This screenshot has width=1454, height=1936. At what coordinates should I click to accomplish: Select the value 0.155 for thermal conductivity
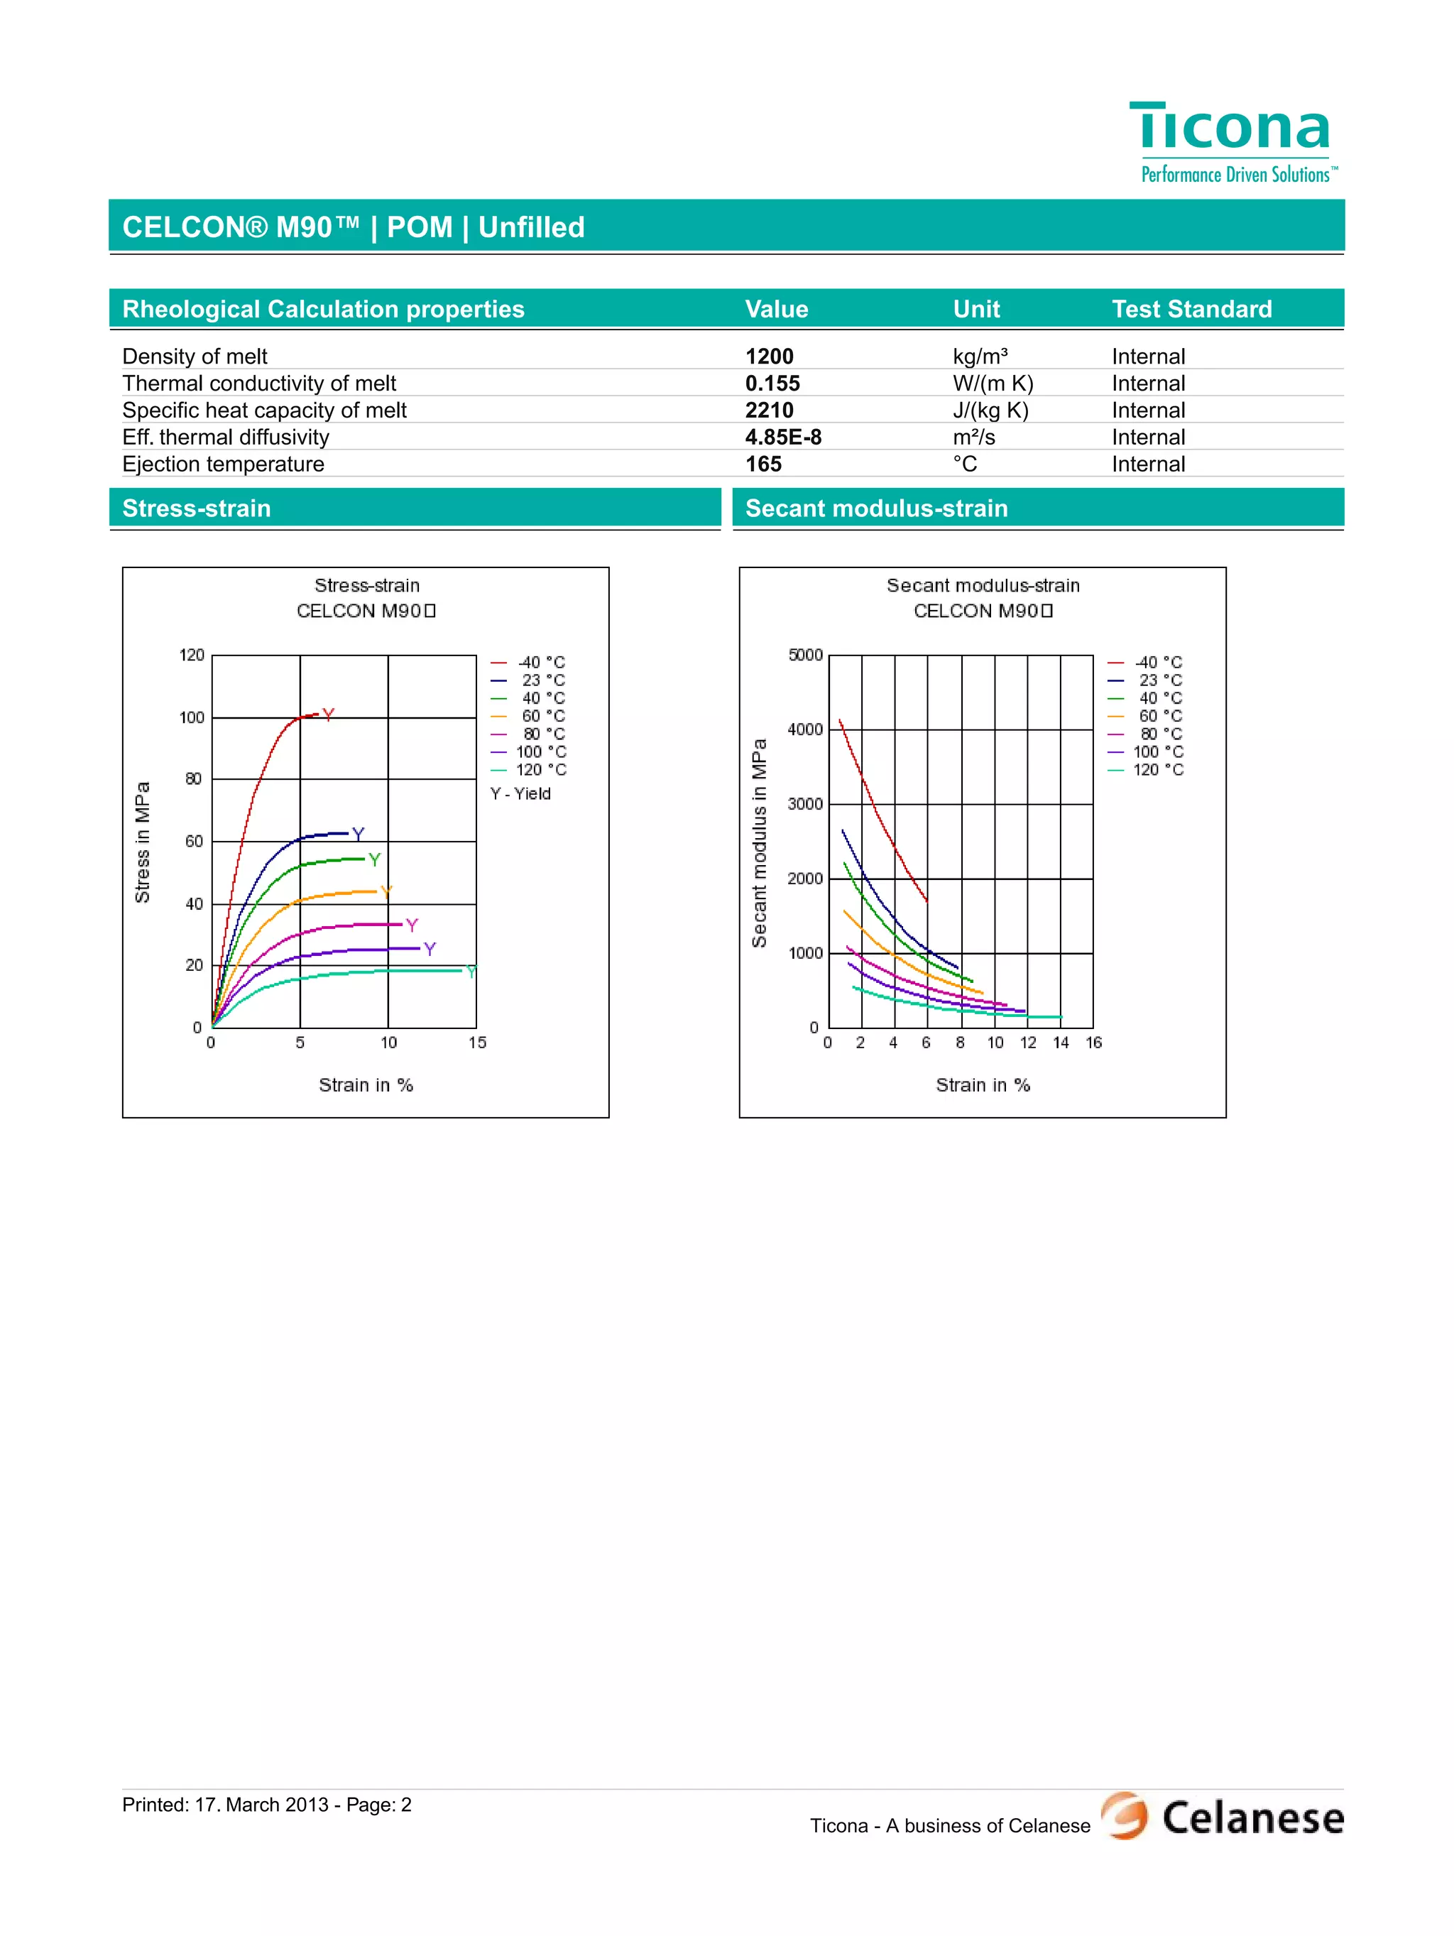pos(772,384)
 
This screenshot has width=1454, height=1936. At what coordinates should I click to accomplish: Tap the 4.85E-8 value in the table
pos(783,437)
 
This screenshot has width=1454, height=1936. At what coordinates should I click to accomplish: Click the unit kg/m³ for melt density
pos(980,357)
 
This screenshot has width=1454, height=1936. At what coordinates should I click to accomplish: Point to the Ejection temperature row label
pos(223,464)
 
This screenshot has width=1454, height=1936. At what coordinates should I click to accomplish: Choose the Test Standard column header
pos(1191,309)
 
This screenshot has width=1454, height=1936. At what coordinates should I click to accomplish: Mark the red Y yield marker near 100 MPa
pos(328,715)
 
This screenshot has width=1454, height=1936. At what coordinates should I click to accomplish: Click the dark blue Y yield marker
pos(358,834)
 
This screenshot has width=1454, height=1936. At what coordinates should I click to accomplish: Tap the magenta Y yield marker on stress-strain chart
pos(412,925)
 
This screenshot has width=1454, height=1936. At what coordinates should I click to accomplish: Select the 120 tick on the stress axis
pos(192,655)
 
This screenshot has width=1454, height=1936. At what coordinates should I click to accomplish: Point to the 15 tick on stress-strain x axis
pos(477,1043)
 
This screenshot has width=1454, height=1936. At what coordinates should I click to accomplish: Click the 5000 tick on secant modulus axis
pos(805,655)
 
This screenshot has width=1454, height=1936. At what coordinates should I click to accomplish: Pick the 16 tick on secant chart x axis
pos(1093,1043)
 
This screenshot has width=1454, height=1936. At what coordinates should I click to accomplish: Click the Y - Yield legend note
pos(520,794)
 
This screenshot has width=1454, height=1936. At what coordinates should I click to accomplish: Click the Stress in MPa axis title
pos(143,842)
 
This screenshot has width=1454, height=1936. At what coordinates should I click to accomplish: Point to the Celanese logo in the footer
pos(1223,1816)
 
